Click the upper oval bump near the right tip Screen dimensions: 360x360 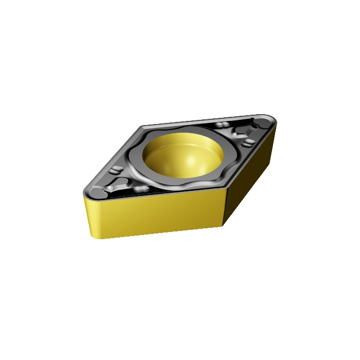click(222, 125)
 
